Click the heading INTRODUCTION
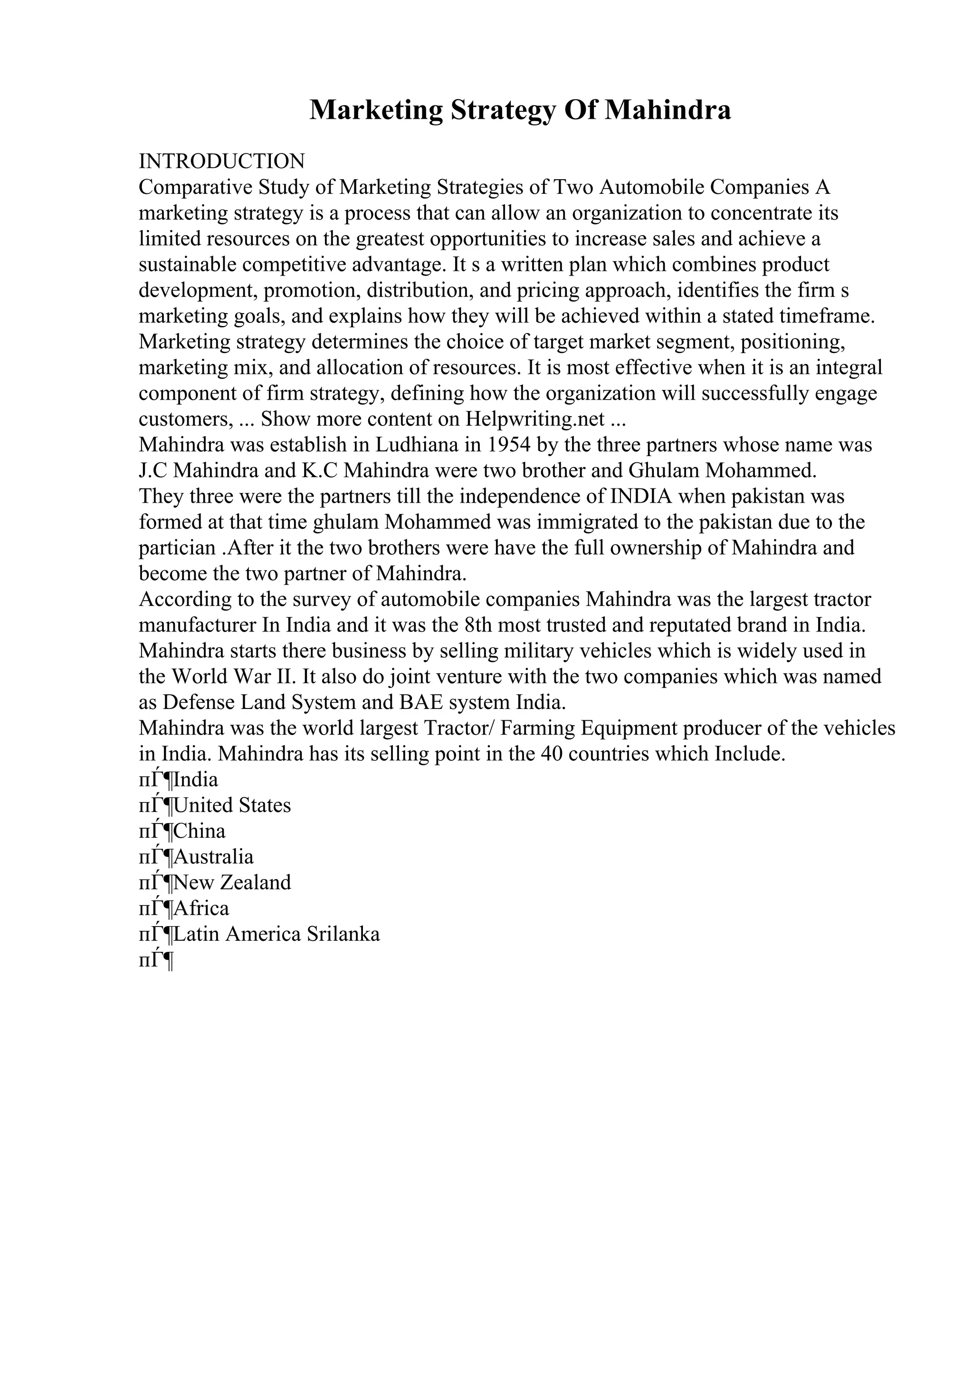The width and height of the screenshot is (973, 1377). coord(222,162)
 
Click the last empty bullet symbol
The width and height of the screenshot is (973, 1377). coord(156,961)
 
